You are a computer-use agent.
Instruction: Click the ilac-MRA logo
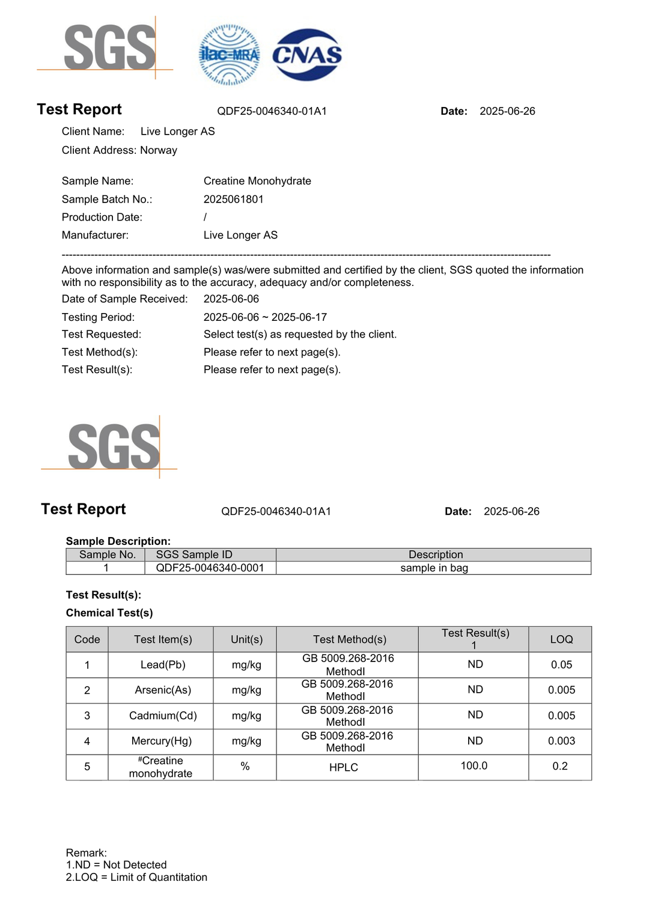(x=229, y=55)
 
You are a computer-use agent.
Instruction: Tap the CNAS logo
(x=307, y=55)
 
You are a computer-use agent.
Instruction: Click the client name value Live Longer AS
(x=177, y=132)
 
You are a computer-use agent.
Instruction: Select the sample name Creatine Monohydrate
(x=257, y=181)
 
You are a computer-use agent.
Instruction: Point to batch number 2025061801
(x=233, y=199)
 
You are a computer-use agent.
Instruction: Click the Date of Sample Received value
(x=231, y=299)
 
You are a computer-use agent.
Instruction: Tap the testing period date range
(x=265, y=317)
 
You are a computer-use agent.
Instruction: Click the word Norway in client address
(x=159, y=150)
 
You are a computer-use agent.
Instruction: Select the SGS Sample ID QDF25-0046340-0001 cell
(x=210, y=568)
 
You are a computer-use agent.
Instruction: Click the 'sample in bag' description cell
(x=434, y=568)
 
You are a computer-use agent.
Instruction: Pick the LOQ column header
(x=561, y=639)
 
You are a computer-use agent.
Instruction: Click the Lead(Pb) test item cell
(x=163, y=664)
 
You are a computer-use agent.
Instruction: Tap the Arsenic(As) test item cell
(x=163, y=690)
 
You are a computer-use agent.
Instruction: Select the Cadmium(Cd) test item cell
(x=163, y=716)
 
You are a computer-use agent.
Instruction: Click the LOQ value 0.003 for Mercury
(x=561, y=741)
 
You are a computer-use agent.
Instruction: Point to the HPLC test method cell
(x=344, y=767)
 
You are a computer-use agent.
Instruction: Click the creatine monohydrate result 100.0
(x=474, y=765)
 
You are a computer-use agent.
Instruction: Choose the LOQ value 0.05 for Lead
(x=561, y=664)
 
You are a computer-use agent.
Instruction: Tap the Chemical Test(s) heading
(x=109, y=613)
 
